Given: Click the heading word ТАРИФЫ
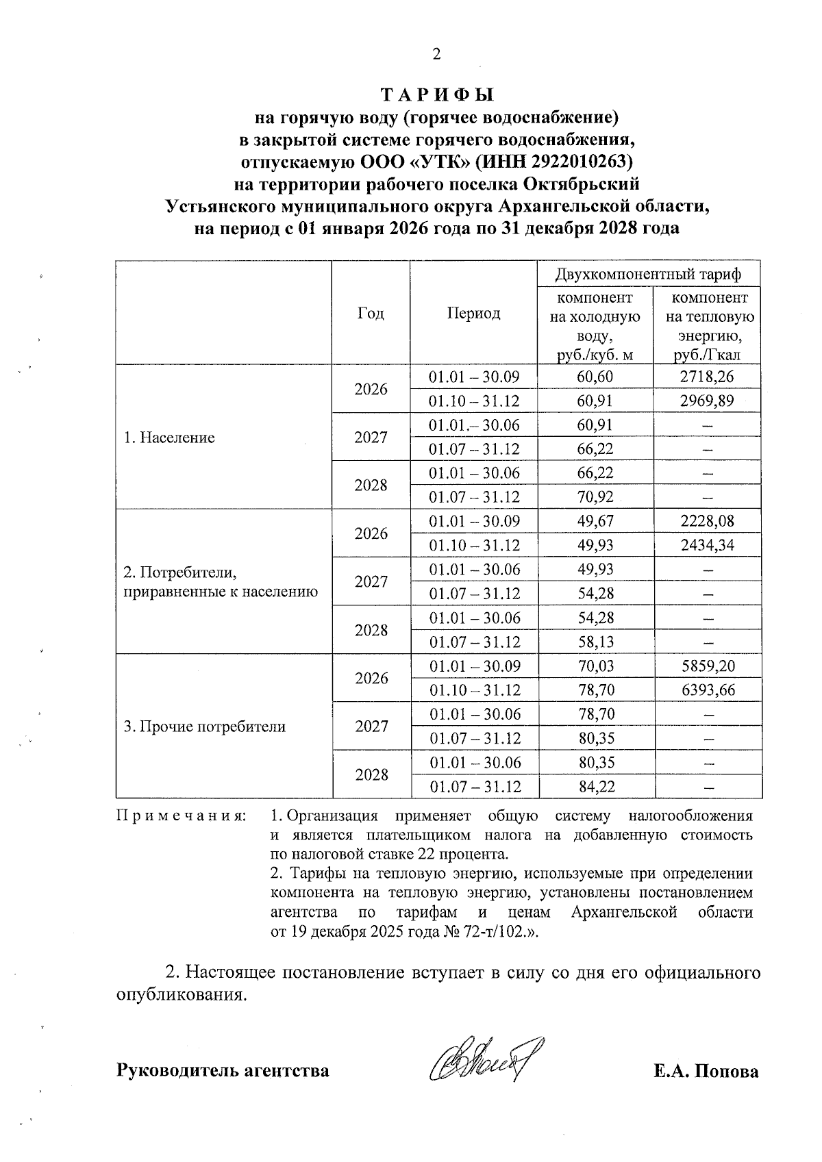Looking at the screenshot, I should (437, 94).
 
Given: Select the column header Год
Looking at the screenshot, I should (371, 313).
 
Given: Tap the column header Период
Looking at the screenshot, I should (474, 313).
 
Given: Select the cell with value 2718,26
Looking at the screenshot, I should (707, 377).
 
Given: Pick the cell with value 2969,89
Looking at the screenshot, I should (707, 401).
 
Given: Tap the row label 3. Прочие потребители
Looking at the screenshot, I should (204, 727).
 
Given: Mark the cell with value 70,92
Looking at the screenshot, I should (595, 497).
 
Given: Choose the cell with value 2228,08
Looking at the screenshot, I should (707, 521).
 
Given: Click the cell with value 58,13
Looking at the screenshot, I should (595, 642).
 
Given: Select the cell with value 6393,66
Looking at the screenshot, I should (707, 690).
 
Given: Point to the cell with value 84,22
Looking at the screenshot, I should (595, 787).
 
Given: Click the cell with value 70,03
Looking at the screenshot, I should (595, 666).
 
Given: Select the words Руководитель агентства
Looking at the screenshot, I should (223, 1070).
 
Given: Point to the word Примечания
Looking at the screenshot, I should (182, 816).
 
